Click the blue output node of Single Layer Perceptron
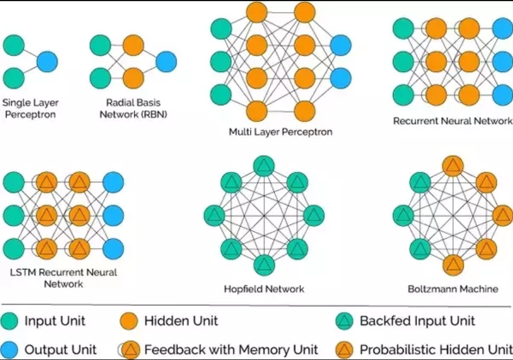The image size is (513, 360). [x=47, y=62]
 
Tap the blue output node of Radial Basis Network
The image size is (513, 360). [x=166, y=62]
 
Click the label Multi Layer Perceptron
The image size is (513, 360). [x=281, y=132]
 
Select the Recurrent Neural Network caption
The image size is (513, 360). [x=452, y=121]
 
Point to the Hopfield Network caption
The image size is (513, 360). [x=264, y=289]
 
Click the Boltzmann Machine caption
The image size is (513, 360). [x=453, y=289]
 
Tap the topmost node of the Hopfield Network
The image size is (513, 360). [x=264, y=166]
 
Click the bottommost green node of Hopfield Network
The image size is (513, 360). [x=264, y=265]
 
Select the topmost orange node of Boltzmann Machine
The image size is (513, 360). [x=453, y=166]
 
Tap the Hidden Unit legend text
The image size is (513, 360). [x=180, y=321]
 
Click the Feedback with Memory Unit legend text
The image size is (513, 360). [x=231, y=349]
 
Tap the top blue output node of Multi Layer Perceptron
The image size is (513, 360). [x=340, y=45]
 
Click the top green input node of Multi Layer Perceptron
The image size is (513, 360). [x=221, y=28]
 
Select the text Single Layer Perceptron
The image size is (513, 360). [x=30, y=109]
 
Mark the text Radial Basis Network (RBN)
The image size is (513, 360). [x=133, y=109]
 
